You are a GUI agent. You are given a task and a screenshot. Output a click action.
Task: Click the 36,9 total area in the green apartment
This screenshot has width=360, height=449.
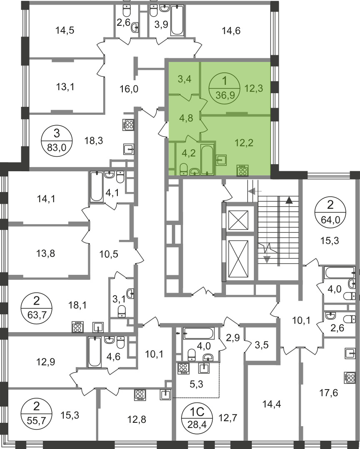pyautogui.click(x=225, y=94)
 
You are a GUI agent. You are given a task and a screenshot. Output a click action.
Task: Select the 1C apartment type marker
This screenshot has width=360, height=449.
pyautogui.click(x=197, y=412)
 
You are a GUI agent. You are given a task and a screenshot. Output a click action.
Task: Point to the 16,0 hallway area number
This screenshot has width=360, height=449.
pyautogui.click(x=129, y=89)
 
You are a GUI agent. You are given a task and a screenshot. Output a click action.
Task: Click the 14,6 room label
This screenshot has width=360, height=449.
pyautogui.click(x=231, y=30)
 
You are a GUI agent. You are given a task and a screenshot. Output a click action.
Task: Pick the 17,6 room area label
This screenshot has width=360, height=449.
pyautogui.click(x=328, y=392)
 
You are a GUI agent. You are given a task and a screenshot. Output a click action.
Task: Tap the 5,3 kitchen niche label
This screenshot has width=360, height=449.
pyautogui.click(x=196, y=384)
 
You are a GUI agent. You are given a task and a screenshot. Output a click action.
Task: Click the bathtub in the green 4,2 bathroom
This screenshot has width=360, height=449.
pyautogui.click(x=207, y=159)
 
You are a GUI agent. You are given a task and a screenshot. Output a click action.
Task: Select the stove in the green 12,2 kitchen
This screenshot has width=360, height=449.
pyautogui.click(x=243, y=171)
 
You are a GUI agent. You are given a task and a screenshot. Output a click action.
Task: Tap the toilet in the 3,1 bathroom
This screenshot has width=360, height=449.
pyautogui.click(x=122, y=311)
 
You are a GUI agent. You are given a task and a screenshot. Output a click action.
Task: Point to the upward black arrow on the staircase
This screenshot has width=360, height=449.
pyautogui.click(x=289, y=200)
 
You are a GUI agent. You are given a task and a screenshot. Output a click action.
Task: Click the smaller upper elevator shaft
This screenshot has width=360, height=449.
pyautogui.click(x=238, y=220)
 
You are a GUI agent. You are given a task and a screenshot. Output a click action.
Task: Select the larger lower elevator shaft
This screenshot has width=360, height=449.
pyautogui.click(x=238, y=259)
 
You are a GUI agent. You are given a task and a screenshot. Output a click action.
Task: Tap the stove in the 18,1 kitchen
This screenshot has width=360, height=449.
pyautogui.click(x=77, y=327)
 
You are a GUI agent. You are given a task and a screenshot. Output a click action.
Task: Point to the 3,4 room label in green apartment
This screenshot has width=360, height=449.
pyautogui.click(x=185, y=79)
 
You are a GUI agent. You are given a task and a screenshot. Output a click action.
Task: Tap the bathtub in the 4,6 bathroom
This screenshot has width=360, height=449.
pyautogui.click(x=94, y=352)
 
